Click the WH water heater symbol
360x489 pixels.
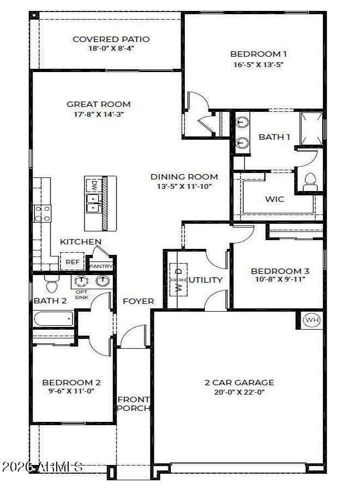click(311, 320)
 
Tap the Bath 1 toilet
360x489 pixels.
click(310, 182)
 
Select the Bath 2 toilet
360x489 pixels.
click(52, 283)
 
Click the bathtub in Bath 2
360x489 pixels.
click(53, 318)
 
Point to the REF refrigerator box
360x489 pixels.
click(73, 261)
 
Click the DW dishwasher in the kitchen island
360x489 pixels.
click(93, 186)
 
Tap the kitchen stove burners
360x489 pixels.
click(43, 213)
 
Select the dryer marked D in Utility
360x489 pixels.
click(178, 271)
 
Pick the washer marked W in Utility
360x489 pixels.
click(178, 288)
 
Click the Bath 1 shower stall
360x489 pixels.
click(311, 129)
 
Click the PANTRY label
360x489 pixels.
click(101, 266)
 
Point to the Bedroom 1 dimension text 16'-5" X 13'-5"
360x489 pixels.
click(259, 65)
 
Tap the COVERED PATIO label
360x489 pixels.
click(111, 39)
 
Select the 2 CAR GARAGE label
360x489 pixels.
click(239, 383)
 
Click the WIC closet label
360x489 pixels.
click(274, 199)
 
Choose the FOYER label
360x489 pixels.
click(139, 301)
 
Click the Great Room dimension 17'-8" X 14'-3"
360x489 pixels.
click(99, 114)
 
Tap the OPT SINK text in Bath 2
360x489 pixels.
click(82, 295)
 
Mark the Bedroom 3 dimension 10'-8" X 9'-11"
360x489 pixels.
click(280, 279)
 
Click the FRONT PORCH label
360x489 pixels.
click(134, 403)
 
